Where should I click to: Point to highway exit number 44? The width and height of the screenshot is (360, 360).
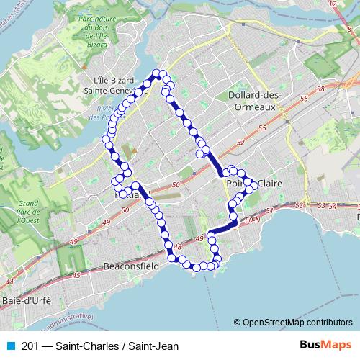click(x=9, y=282)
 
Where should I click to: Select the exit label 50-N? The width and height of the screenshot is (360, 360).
click(x=252, y=220)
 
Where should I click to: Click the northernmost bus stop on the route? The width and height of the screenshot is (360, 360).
click(x=160, y=72)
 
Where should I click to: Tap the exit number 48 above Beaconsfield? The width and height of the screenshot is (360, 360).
click(x=177, y=247)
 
